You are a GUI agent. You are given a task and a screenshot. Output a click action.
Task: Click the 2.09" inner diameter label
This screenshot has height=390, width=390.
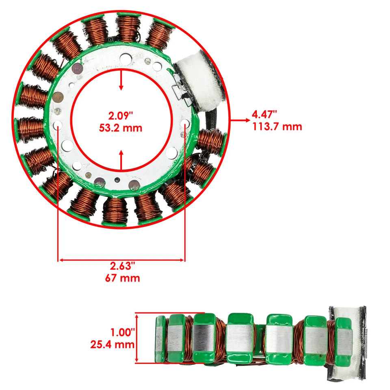(x=121, y=116)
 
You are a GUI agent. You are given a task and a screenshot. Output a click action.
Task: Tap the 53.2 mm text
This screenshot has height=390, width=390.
(x=121, y=128)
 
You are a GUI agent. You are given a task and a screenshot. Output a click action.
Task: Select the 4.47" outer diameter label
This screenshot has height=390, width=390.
(x=264, y=114)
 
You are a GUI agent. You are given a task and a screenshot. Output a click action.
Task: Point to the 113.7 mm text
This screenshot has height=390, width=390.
(x=276, y=126)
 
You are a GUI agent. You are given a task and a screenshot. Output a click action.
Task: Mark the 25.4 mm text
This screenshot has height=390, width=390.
(x=112, y=345)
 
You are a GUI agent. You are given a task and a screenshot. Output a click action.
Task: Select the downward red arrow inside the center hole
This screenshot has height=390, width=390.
(x=121, y=81)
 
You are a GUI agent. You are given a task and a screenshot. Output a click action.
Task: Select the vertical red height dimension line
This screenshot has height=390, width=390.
(x=137, y=338)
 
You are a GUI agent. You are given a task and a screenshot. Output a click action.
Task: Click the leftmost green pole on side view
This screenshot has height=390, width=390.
(x=161, y=339)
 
